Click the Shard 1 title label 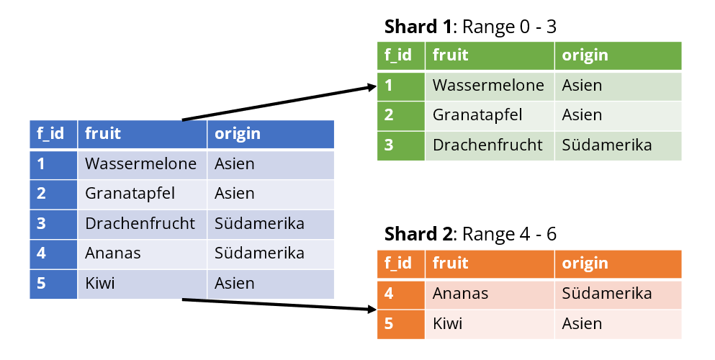point(470,27)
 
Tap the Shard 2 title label point(470,234)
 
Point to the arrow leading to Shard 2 point(279,305)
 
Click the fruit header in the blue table point(102,133)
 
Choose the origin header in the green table point(585,55)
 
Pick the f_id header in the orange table point(397,264)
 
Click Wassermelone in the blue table point(140,163)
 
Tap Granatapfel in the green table point(477,114)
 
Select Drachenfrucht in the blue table point(140,223)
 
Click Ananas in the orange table point(460,294)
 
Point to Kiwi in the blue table point(99,283)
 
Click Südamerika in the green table point(606,145)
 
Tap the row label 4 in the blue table point(41,253)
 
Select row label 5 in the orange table point(389,323)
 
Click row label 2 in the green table point(389,114)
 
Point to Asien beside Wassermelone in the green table point(582,85)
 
